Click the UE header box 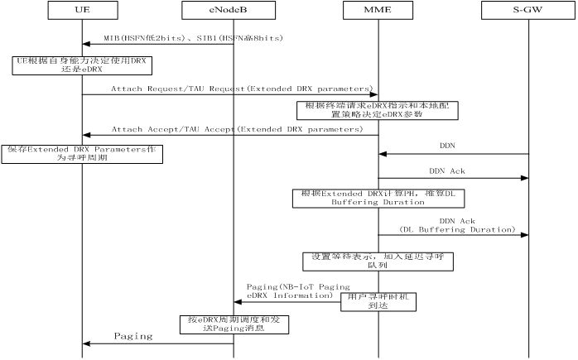point(81,11)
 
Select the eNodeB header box point(233,11)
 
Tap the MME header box point(378,11)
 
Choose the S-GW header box point(527,11)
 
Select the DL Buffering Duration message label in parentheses point(457,228)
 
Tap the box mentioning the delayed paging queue point(377,262)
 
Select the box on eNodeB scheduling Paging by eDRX point(234,324)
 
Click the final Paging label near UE point(133,336)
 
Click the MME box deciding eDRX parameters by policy point(377,110)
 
